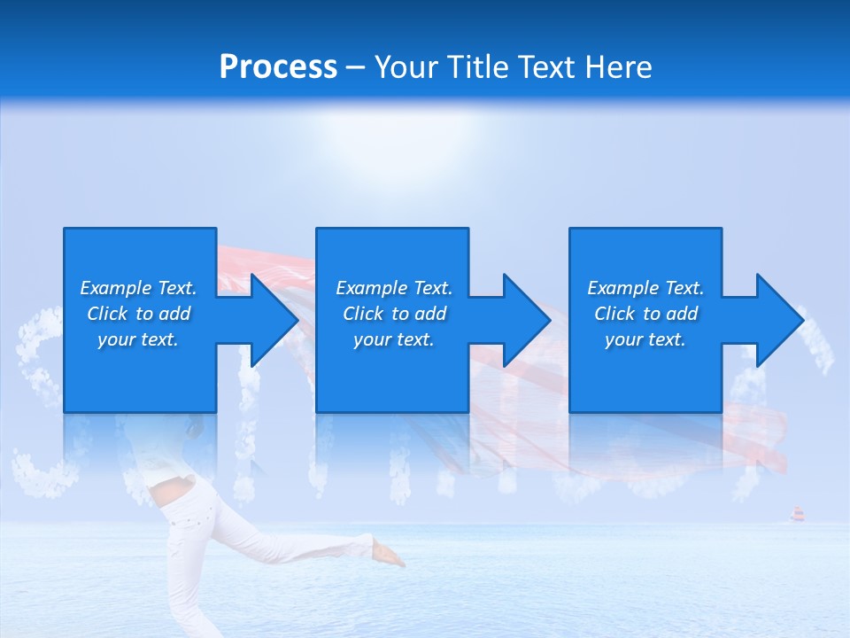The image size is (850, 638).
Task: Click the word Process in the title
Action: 278,67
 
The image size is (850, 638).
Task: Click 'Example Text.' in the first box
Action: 138,288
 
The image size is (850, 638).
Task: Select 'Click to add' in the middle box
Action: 394,314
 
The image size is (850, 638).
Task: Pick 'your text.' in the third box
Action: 645,339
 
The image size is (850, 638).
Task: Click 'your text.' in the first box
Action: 138,339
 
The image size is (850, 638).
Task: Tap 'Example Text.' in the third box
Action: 645,288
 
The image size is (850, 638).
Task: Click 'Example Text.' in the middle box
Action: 394,288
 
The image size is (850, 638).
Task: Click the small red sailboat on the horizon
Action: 796,514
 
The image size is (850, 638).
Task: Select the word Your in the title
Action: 406,67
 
